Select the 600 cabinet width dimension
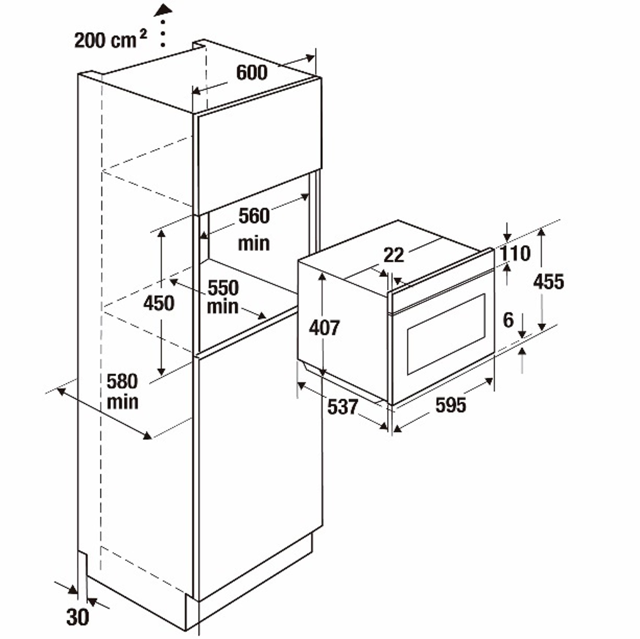click(252, 72)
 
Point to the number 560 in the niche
click(254, 216)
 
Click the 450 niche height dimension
click(159, 303)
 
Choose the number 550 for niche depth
click(223, 288)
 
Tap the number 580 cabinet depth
click(122, 381)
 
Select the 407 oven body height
click(324, 328)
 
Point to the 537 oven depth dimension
click(343, 407)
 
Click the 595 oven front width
click(451, 405)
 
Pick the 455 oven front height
click(548, 282)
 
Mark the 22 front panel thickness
click(394, 255)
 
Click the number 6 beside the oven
click(508, 320)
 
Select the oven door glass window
click(446, 334)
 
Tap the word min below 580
click(123, 402)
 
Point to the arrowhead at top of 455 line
click(541, 232)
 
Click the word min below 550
click(223, 307)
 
